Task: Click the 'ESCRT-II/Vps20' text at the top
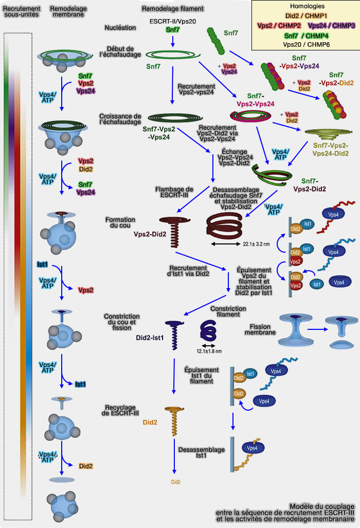tap(172, 22)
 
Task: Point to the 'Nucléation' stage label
tap(120, 27)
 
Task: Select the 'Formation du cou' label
tap(117, 223)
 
